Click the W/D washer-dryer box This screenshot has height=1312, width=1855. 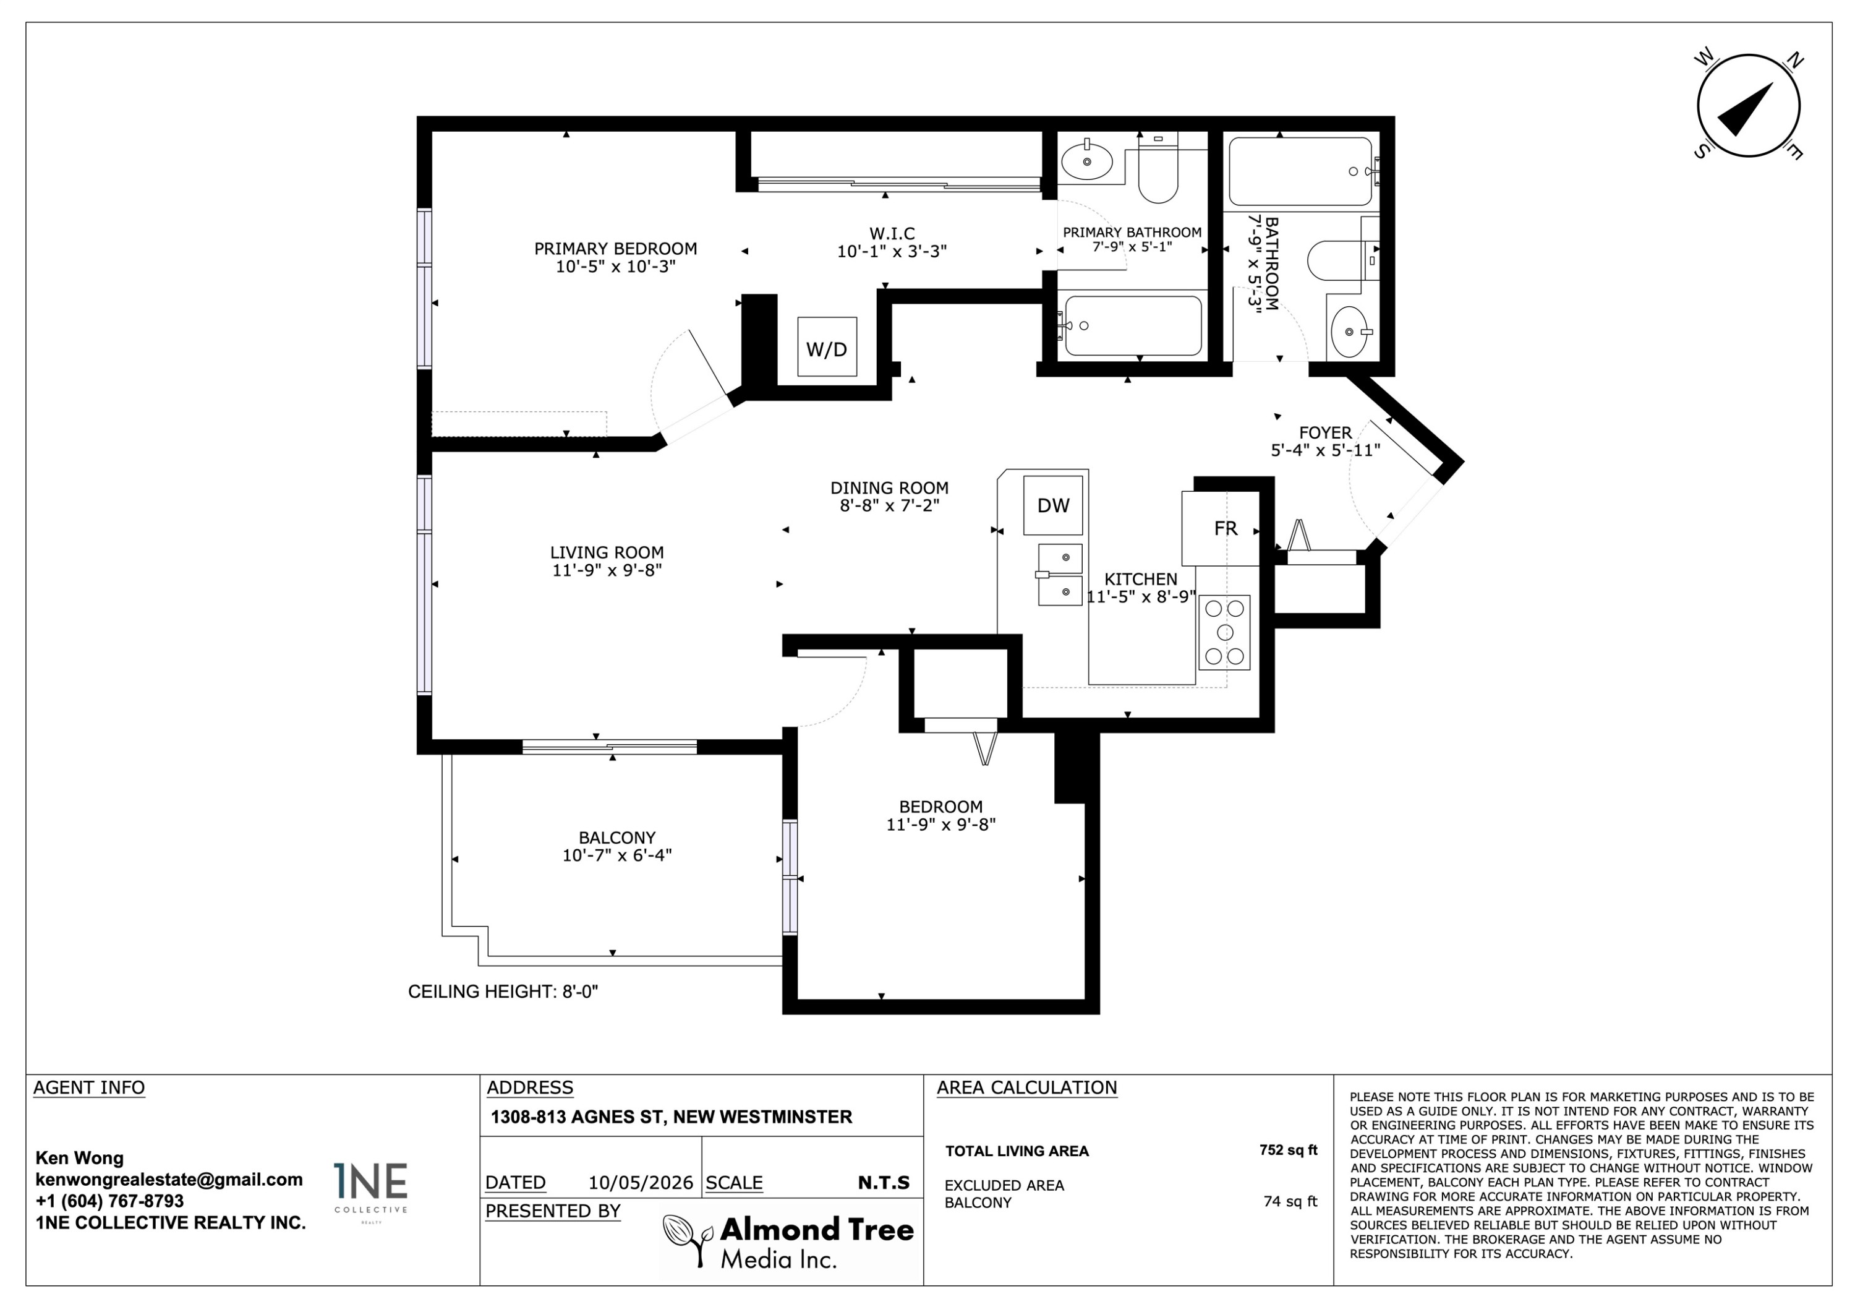tap(827, 347)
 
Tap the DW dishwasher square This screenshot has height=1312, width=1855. tap(1053, 505)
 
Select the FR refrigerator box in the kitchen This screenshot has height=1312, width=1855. tap(1220, 528)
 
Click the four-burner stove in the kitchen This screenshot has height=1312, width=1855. tap(1224, 632)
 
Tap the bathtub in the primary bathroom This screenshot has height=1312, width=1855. tap(1133, 326)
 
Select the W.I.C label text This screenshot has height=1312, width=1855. tap(892, 234)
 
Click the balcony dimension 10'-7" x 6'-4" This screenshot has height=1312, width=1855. tap(617, 855)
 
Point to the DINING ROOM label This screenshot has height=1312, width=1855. tap(890, 488)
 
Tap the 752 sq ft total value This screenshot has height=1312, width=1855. tap(1288, 1151)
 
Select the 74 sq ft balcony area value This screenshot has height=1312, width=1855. tap(1290, 1202)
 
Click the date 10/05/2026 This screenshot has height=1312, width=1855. tap(641, 1183)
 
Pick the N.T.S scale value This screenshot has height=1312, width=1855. tap(884, 1183)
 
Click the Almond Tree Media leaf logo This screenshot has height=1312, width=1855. tap(688, 1241)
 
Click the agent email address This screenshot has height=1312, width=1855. tap(169, 1180)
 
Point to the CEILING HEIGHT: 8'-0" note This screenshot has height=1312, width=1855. tap(503, 992)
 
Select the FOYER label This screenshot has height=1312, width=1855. tap(1325, 433)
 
